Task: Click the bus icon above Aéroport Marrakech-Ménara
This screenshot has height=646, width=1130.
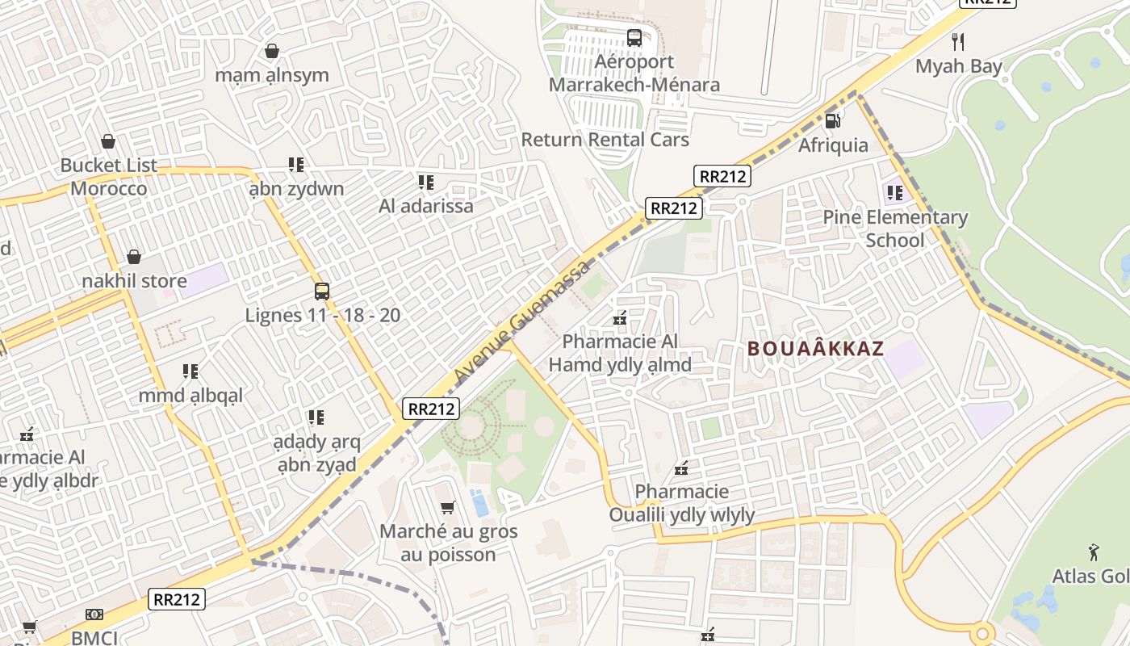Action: pyautogui.click(x=634, y=37)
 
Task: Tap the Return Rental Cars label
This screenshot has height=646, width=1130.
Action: pyautogui.click(x=605, y=140)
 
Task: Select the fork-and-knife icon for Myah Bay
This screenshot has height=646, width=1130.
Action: pyautogui.click(x=958, y=41)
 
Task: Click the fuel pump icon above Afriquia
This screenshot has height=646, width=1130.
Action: pyautogui.click(x=833, y=120)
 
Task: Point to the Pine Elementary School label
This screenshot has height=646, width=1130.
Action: pyautogui.click(x=895, y=229)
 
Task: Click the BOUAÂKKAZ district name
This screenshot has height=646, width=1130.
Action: pyautogui.click(x=815, y=349)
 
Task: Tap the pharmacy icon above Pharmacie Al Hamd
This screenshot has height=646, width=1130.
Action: pyautogui.click(x=620, y=318)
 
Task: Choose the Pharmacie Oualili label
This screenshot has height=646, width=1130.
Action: pyautogui.click(x=682, y=503)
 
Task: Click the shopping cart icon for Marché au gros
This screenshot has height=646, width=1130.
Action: pyautogui.click(x=448, y=507)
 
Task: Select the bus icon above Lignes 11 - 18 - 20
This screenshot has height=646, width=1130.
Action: pyautogui.click(x=322, y=291)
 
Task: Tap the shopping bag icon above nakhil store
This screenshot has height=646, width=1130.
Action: pyautogui.click(x=134, y=257)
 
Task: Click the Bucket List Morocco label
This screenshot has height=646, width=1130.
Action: pyautogui.click(x=109, y=177)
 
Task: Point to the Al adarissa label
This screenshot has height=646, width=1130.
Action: pyautogui.click(x=426, y=206)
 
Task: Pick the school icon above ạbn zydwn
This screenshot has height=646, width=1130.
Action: pyautogui.click(x=296, y=165)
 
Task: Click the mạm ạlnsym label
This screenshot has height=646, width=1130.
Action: pyautogui.click(x=272, y=75)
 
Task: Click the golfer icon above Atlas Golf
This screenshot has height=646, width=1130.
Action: pyautogui.click(x=1094, y=552)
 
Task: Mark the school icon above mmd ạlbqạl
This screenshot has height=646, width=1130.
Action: pyautogui.click(x=190, y=371)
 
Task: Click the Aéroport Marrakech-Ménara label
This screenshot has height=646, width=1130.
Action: pyautogui.click(x=634, y=73)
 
